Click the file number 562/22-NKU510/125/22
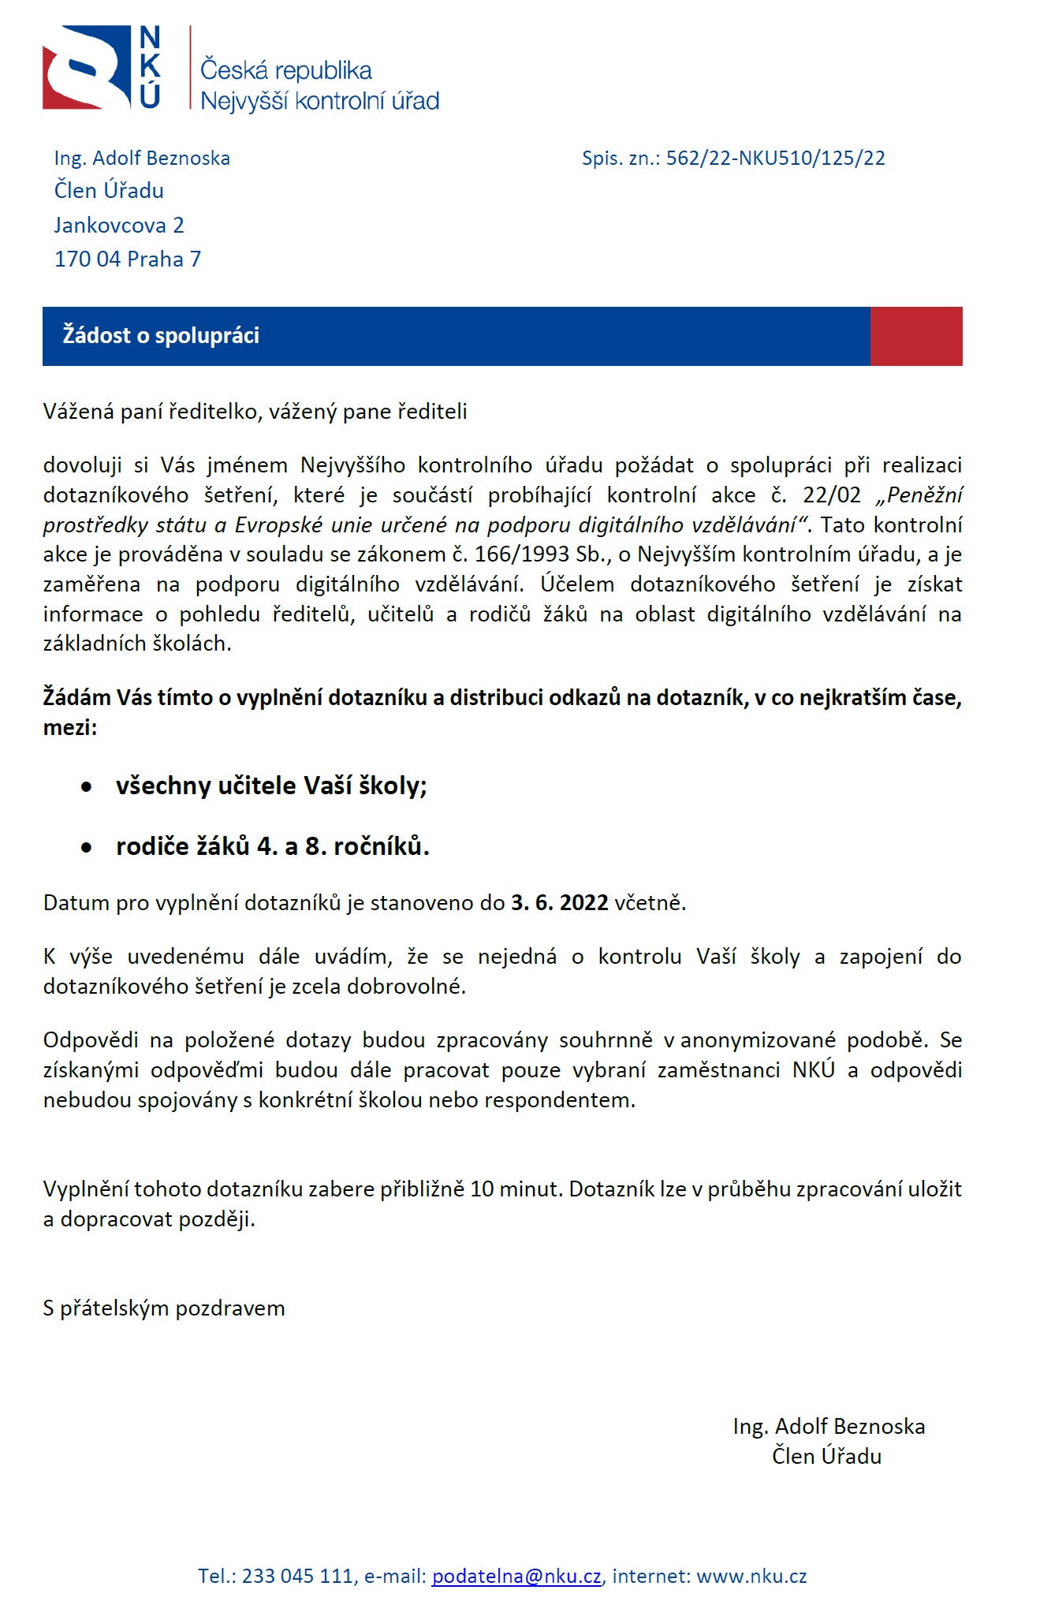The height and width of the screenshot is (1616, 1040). point(775,159)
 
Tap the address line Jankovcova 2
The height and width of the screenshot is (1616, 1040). point(119,226)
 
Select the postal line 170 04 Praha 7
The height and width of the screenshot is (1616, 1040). point(128,259)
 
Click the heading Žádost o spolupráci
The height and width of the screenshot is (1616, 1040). point(161,336)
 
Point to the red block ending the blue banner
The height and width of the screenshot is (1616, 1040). point(915,336)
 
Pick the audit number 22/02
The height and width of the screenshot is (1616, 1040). point(832,495)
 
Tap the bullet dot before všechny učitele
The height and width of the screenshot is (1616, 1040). point(87,787)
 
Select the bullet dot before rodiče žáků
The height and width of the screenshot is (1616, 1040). point(87,848)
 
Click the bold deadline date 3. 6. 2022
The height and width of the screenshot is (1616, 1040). point(559,903)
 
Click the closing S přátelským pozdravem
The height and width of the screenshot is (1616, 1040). point(164,1308)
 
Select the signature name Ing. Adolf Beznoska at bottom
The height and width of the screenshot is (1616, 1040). point(829,1427)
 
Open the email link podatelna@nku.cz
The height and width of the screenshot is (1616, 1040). point(516,1577)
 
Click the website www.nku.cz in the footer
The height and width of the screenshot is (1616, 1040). point(751,1577)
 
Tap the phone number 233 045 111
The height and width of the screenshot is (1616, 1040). point(298,1577)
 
